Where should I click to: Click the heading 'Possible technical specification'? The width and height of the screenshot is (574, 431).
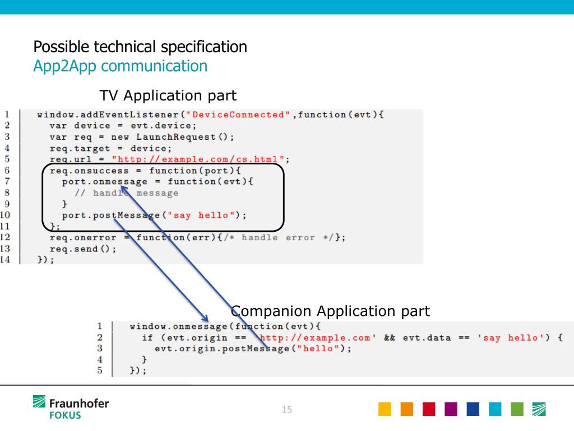pyautogui.click(x=140, y=47)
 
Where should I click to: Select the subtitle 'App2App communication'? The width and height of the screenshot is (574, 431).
pyautogui.click(x=120, y=66)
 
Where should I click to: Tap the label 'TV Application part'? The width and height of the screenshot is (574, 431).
pyautogui.click(x=168, y=95)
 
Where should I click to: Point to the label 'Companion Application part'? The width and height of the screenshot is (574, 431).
pyautogui.click(x=330, y=311)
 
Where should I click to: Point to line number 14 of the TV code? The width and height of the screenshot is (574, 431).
pyautogui.click(x=5, y=259)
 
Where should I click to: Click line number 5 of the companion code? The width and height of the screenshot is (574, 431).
pyautogui.click(x=99, y=370)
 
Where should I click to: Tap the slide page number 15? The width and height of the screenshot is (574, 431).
pyautogui.click(x=287, y=410)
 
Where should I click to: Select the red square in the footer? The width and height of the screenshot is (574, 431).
pyautogui.click(x=429, y=409)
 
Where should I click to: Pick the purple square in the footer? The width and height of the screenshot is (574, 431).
pyautogui.click(x=451, y=409)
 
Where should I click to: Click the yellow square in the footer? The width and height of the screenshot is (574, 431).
pyautogui.click(x=385, y=409)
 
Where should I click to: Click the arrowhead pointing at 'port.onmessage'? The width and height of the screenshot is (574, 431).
pyautogui.click(x=124, y=190)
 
